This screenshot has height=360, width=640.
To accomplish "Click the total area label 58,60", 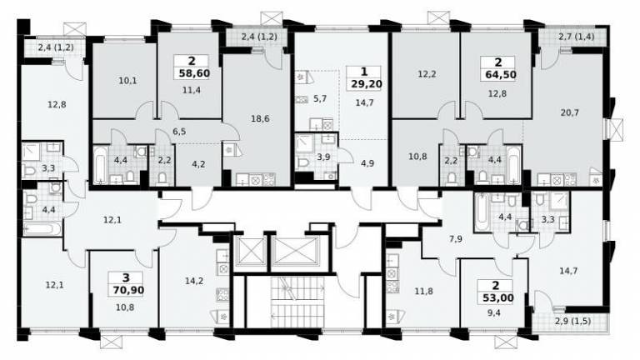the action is click(x=194, y=73).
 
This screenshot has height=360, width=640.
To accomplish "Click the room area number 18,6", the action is click(x=260, y=119).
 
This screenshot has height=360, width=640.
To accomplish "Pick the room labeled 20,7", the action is click(x=570, y=112).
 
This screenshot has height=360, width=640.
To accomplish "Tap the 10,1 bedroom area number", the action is click(x=127, y=81).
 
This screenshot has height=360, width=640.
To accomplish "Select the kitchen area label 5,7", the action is click(x=320, y=98).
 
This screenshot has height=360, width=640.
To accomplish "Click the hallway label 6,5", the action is click(x=179, y=132).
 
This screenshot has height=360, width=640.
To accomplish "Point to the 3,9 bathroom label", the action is click(x=323, y=157).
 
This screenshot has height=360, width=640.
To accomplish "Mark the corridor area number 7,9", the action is click(x=456, y=239).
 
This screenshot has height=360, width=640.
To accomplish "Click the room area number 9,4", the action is click(x=494, y=313).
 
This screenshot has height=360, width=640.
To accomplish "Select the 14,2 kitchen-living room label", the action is click(x=194, y=281).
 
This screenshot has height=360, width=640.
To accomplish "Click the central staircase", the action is click(x=297, y=301).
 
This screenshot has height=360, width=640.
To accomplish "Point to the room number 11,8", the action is click(x=423, y=292).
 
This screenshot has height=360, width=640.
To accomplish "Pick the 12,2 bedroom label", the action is click(x=427, y=74).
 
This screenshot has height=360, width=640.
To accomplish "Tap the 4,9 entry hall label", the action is click(x=367, y=163).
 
